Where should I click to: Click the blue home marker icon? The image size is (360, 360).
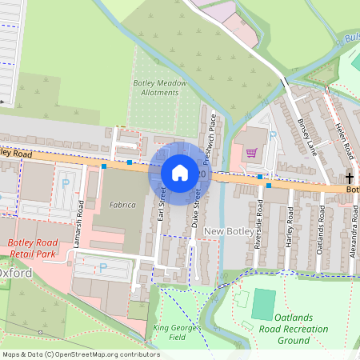pyautogui.click(x=180, y=172)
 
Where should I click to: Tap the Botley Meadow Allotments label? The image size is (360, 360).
pyautogui.click(x=160, y=88)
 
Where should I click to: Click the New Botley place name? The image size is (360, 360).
pyautogui.click(x=228, y=231)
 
